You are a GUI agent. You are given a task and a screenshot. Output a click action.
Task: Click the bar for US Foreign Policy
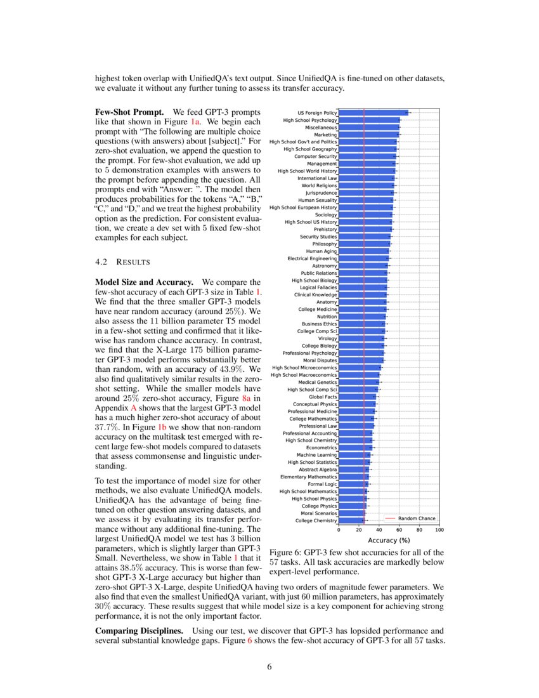tap(374, 113)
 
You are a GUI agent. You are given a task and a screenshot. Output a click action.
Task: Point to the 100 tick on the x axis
tap(439, 529)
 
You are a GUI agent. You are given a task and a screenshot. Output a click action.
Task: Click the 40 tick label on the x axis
tap(379, 529)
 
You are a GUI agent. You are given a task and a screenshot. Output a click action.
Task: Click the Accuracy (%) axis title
tap(389, 540)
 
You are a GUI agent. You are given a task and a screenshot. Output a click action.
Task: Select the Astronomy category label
tap(325, 266)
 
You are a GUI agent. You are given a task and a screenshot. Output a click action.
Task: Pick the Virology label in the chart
tap(327, 338)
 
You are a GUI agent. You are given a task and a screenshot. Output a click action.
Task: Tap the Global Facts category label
tap(322, 397)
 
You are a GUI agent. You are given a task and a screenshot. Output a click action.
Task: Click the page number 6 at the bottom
tap(269, 667)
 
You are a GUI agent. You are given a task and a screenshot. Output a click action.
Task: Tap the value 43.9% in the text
tap(234, 368)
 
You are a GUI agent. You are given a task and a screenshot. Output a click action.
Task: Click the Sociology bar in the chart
tap(365, 215)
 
